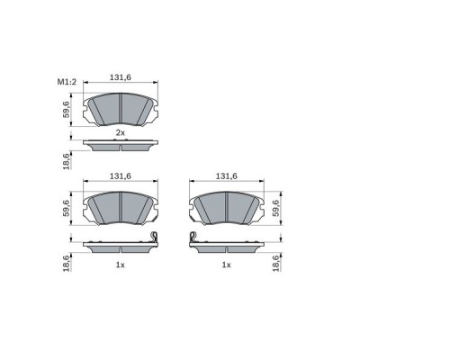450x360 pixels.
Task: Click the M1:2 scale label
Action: pos(67,82)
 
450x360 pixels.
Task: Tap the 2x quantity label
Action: pos(121,133)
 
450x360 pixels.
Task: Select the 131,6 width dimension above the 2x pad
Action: pos(121,77)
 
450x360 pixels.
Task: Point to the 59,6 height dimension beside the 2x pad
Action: pos(66,110)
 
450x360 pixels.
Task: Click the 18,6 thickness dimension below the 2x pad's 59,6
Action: pos(66,160)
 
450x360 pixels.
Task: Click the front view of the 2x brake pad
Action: pos(121,109)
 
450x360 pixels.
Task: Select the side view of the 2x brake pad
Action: pos(121,145)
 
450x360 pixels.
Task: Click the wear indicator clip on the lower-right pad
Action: pos(193,237)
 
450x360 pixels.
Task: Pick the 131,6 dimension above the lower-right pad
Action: pos(227,176)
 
